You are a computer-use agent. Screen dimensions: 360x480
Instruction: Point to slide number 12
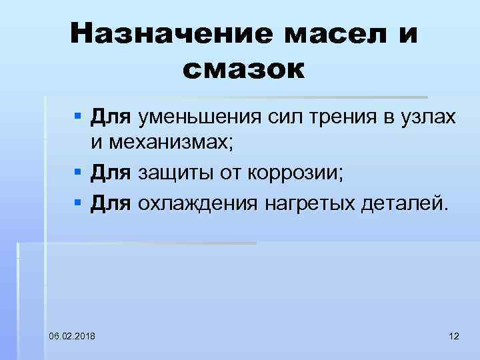pyautogui.click(x=454, y=335)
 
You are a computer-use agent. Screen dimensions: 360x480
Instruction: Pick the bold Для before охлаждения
pyautogui.click(x=111, y=203)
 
